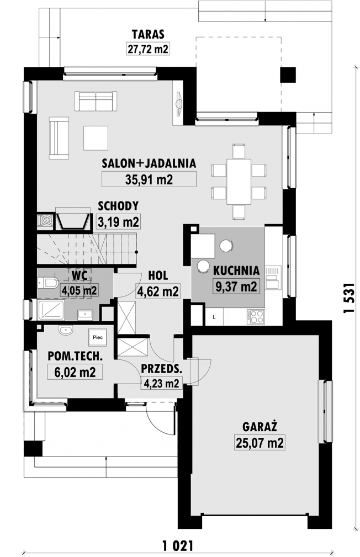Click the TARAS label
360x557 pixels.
pyautogui.click(x=148, y=34)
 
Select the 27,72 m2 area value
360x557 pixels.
pyautogui.click(x=148, y=49)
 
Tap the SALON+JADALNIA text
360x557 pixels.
pyautogui.click(x=149, y=163)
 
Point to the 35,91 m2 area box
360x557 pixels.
pyautogui.click(x=149, y=179)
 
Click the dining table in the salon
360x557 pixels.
pyautogui.click(x=239, y=181)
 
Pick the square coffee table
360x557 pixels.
pyautogui.click(x=96, y=138)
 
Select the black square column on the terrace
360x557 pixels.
pyautogui.click(x=288, y=75)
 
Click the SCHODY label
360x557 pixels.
pyautogui.click(x=118, y=206)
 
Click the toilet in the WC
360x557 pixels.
pyautogui.click(x=47, y=283)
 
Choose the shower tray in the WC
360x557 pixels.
pyautogui.click(x=51, y=310)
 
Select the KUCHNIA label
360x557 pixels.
pyautogui.click(x=236, y=270)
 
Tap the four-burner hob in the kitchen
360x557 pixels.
pyautogui.click(x=256, y=316)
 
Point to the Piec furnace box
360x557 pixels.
pyautogui.click(x=98, y=337)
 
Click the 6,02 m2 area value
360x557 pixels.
pyautogui.click(x=75, y=373)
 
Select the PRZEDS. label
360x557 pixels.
pyautogui.click(x=162, y=369)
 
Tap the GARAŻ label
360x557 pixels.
pyautogui.click(x=260, y=426)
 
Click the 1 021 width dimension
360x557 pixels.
pyautogui.click(x=177, y=544)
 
